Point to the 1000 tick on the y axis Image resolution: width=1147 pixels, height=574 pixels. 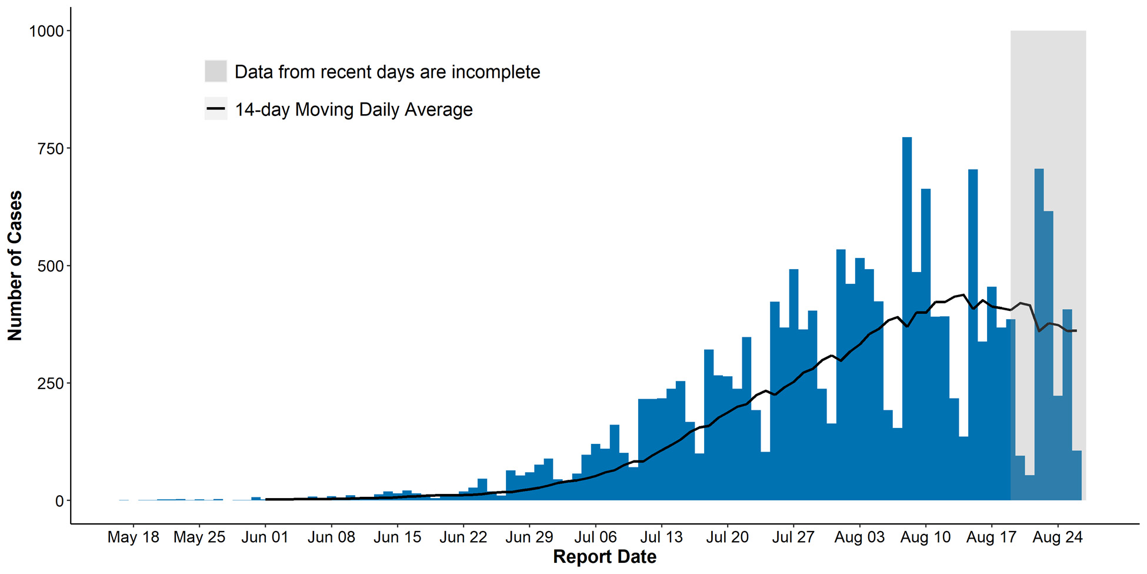46,31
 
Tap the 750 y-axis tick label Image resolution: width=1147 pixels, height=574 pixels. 50,149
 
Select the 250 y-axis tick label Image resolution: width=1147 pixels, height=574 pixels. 50,384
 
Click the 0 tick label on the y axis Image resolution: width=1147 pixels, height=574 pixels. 59,501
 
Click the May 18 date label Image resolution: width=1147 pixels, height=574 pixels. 133,537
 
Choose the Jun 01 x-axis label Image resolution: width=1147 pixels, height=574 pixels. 265,537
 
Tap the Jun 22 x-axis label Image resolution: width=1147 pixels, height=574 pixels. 463,537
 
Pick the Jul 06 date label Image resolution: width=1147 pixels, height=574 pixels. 595,537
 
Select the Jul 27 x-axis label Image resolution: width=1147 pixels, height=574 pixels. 793,537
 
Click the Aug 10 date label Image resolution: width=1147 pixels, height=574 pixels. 925,537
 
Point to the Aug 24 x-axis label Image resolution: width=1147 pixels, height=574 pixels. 1057,537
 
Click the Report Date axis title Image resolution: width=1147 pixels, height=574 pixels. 604,557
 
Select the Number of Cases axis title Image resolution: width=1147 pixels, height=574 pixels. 15,266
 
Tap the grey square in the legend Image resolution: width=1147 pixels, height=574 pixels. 216,71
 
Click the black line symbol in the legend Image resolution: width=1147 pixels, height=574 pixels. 216,109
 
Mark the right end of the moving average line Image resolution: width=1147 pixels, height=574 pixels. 1076,331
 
